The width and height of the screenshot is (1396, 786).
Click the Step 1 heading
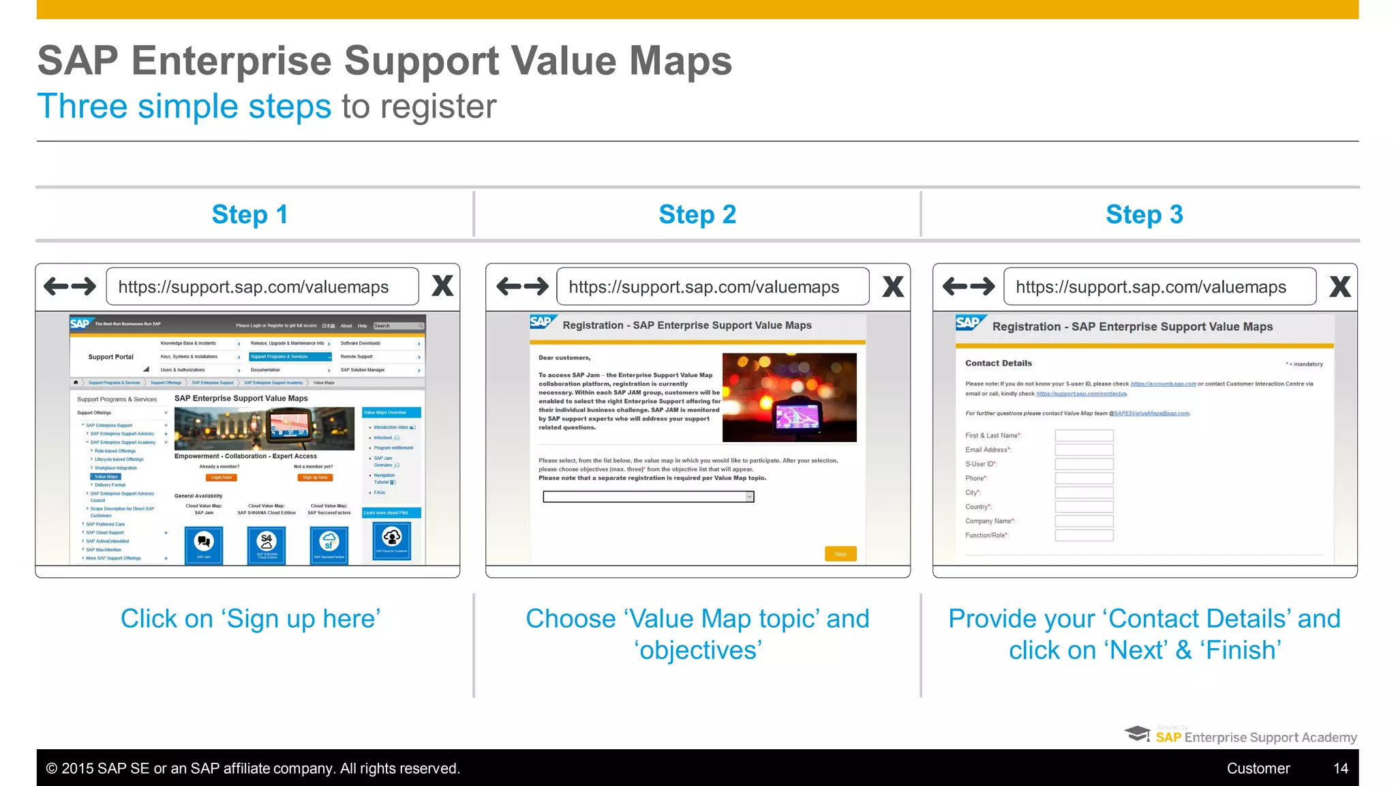[249, 215]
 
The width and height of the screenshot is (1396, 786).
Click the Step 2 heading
[697, 215]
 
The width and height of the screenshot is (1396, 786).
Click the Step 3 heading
[1144, 215]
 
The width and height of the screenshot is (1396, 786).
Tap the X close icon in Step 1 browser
[442, 286]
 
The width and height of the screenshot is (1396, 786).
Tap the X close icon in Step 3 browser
[1339, 287]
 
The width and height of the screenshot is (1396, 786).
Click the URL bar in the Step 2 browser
[712, 287]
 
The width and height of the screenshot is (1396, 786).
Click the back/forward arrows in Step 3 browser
[968, 287]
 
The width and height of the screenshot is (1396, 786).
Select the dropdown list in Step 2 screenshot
[648, 497]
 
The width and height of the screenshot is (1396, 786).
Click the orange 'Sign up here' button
[316, 478]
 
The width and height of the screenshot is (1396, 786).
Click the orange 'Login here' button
[222, 478]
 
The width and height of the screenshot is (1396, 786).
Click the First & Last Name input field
[1084, 435]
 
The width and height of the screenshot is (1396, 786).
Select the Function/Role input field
[1084, 536]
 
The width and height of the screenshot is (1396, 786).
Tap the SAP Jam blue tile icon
[204, 544]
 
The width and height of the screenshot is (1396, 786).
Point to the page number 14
[1340, 768]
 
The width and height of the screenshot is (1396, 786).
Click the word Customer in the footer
[1258, 768]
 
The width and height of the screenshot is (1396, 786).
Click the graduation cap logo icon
[1137, 733]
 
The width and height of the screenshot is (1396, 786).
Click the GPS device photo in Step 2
[789, 397]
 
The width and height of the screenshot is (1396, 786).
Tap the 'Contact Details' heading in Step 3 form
[998, 363]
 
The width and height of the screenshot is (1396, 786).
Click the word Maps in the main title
[680, 61]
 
